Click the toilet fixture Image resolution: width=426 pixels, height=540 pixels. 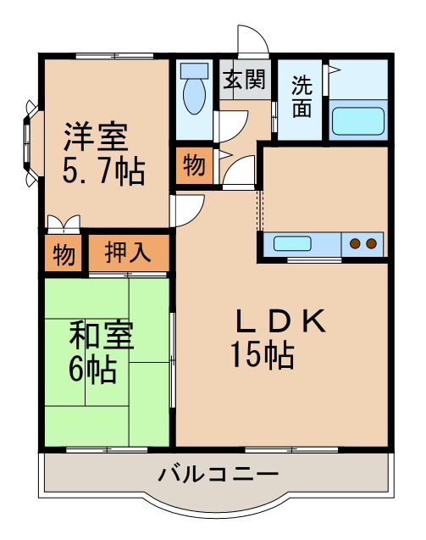tap(195, 89)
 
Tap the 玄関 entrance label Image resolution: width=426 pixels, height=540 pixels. tap(244, 80)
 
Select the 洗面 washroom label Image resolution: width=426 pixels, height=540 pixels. tap(301, 97)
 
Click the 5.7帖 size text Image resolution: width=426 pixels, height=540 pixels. tap(102, 172)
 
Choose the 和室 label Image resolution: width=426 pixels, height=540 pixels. tap(101, 336)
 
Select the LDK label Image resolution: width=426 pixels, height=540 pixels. tap(280, 320)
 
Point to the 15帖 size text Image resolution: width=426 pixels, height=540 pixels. tap(262, 355)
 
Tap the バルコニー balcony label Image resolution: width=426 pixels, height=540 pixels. tap(218, 473)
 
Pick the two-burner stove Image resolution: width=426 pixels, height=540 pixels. tap(363, 244)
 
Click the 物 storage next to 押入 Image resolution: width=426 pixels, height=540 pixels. tap(64, 253)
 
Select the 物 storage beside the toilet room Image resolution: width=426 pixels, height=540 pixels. tap(194, 166)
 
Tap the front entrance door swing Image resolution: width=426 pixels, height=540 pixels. tap(252, 41)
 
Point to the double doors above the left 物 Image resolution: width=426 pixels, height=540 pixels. tap(64, 224)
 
